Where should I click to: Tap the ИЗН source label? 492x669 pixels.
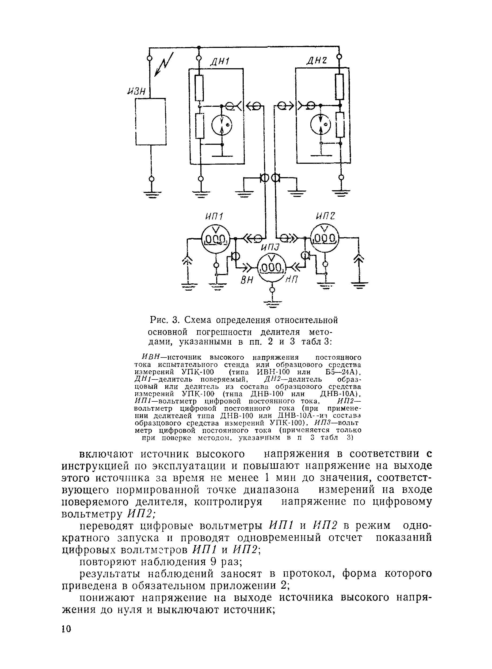(x=136, y=92)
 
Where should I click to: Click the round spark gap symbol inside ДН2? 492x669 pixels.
(x=321, y=124)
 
